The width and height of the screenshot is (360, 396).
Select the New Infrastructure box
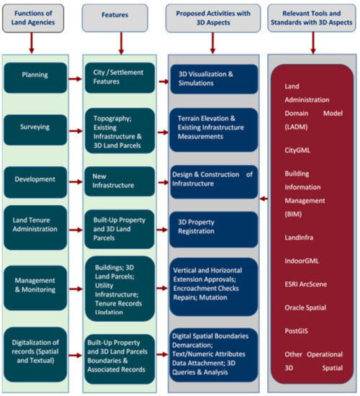(x=118, y=180)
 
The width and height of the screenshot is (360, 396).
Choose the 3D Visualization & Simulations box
(x=212, y=78)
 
